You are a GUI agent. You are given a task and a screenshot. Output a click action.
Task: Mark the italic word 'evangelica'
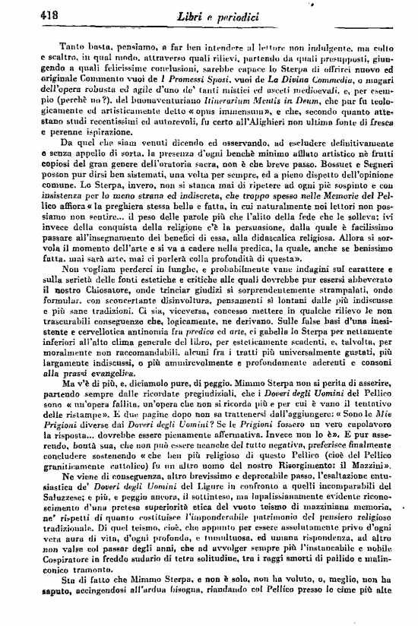(x=98, y=394)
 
